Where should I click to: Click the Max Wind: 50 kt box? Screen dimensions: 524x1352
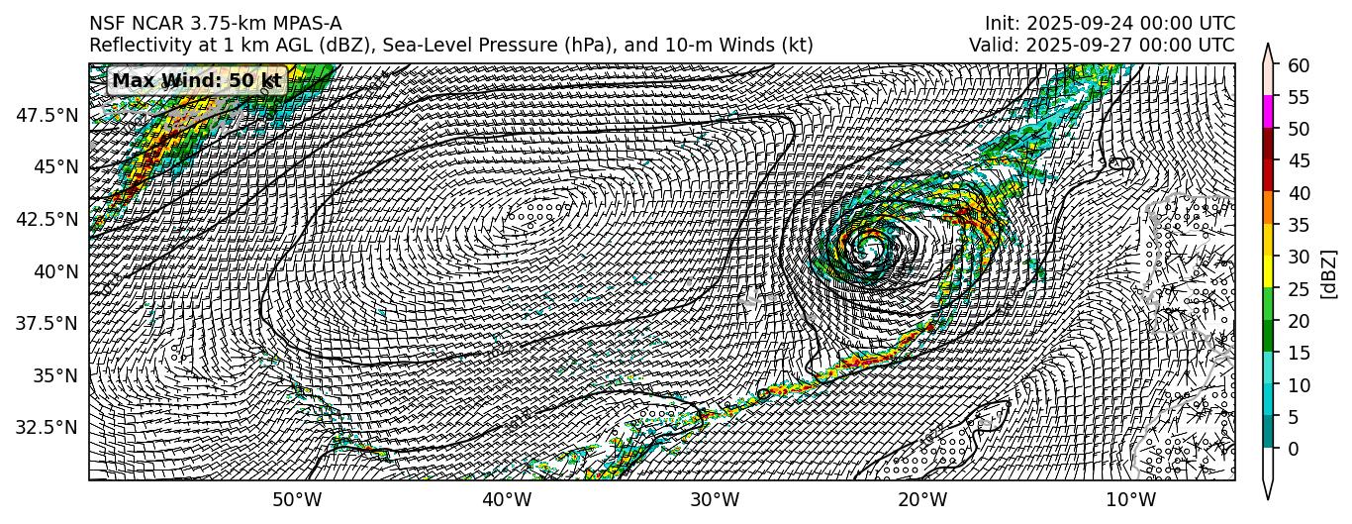(x=196, y=80)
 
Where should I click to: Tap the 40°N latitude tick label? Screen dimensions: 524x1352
(x=55, y=271)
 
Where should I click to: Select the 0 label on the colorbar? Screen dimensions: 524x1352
(x=1292, y=449)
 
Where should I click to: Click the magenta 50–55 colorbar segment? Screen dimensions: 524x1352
(x=1269, y=113)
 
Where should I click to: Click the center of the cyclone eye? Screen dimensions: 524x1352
(x=871, y=245)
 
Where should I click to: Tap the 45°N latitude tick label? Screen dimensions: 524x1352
(x=55, y=167)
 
